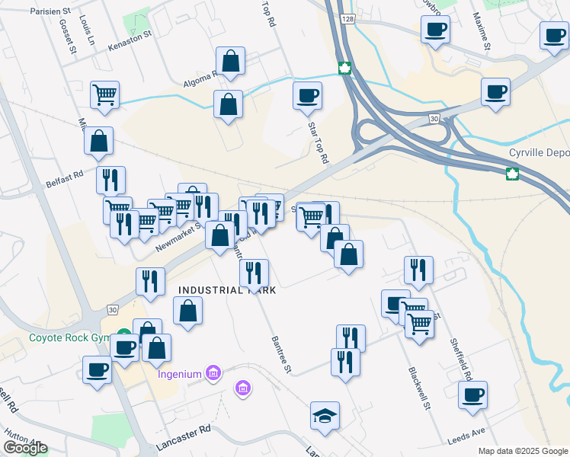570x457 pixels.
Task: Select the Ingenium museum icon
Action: (x=213, y=373)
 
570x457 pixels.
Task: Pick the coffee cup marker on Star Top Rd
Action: (x=307, y=95)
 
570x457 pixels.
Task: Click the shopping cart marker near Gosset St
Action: (x=105, y=94)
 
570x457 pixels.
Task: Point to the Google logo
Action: (x=25, y=447)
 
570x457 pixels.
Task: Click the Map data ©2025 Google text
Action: (x=522, y=451)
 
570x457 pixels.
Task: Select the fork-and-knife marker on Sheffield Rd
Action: (x=418, y=269)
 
